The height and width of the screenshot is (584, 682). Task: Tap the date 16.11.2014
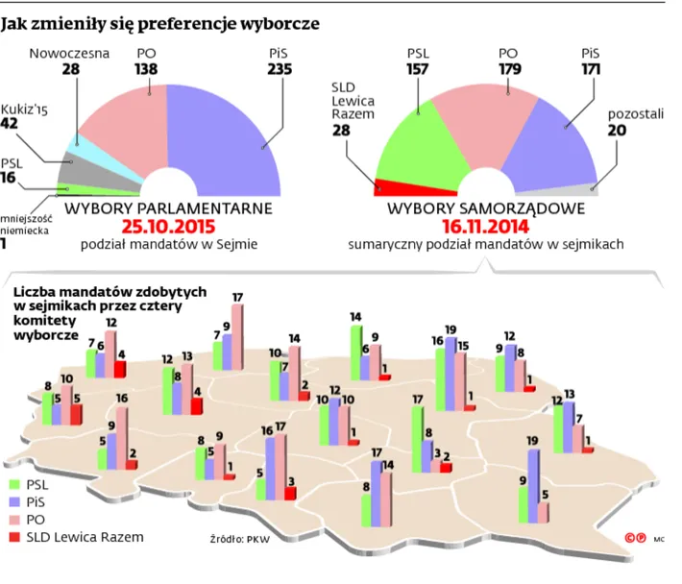[486, 227]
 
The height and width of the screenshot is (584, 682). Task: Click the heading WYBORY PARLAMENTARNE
[169, 207]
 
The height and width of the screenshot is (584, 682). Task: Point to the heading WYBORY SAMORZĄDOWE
[486, 207]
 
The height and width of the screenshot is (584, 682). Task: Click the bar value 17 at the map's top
[237, 297]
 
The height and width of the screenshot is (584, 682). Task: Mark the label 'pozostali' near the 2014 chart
[635, 115]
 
